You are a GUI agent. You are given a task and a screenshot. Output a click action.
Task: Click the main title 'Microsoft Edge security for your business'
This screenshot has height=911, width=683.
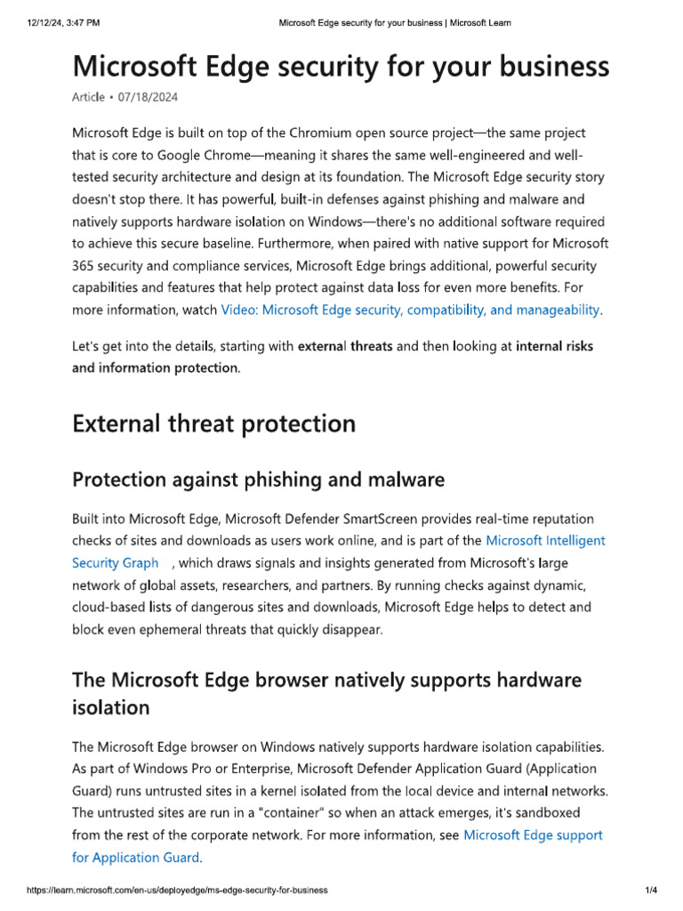click(341, 67)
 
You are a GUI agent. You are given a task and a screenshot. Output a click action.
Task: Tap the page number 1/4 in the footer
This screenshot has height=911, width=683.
click(650, 890)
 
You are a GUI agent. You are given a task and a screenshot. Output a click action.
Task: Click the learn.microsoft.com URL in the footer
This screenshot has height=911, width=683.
click(177, 890)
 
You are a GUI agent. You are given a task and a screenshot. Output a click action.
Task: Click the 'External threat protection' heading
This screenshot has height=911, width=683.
click(213, 423)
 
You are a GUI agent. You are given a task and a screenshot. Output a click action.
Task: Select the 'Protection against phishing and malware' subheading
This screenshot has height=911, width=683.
click(258, 480)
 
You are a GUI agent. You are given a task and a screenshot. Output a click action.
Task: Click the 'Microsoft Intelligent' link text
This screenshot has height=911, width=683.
click(545, 540)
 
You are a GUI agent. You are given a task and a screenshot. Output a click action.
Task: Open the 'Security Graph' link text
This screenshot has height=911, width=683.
click(116, 562)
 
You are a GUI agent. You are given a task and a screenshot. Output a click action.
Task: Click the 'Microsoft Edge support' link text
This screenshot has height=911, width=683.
click(533, 834)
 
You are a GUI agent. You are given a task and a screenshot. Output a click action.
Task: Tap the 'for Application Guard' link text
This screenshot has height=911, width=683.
click(136, 858)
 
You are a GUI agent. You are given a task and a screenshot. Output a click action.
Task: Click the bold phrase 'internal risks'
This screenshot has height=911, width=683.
click(554, 345)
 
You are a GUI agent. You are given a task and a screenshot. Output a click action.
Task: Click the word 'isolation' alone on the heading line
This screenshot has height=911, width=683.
click(111, 708)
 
